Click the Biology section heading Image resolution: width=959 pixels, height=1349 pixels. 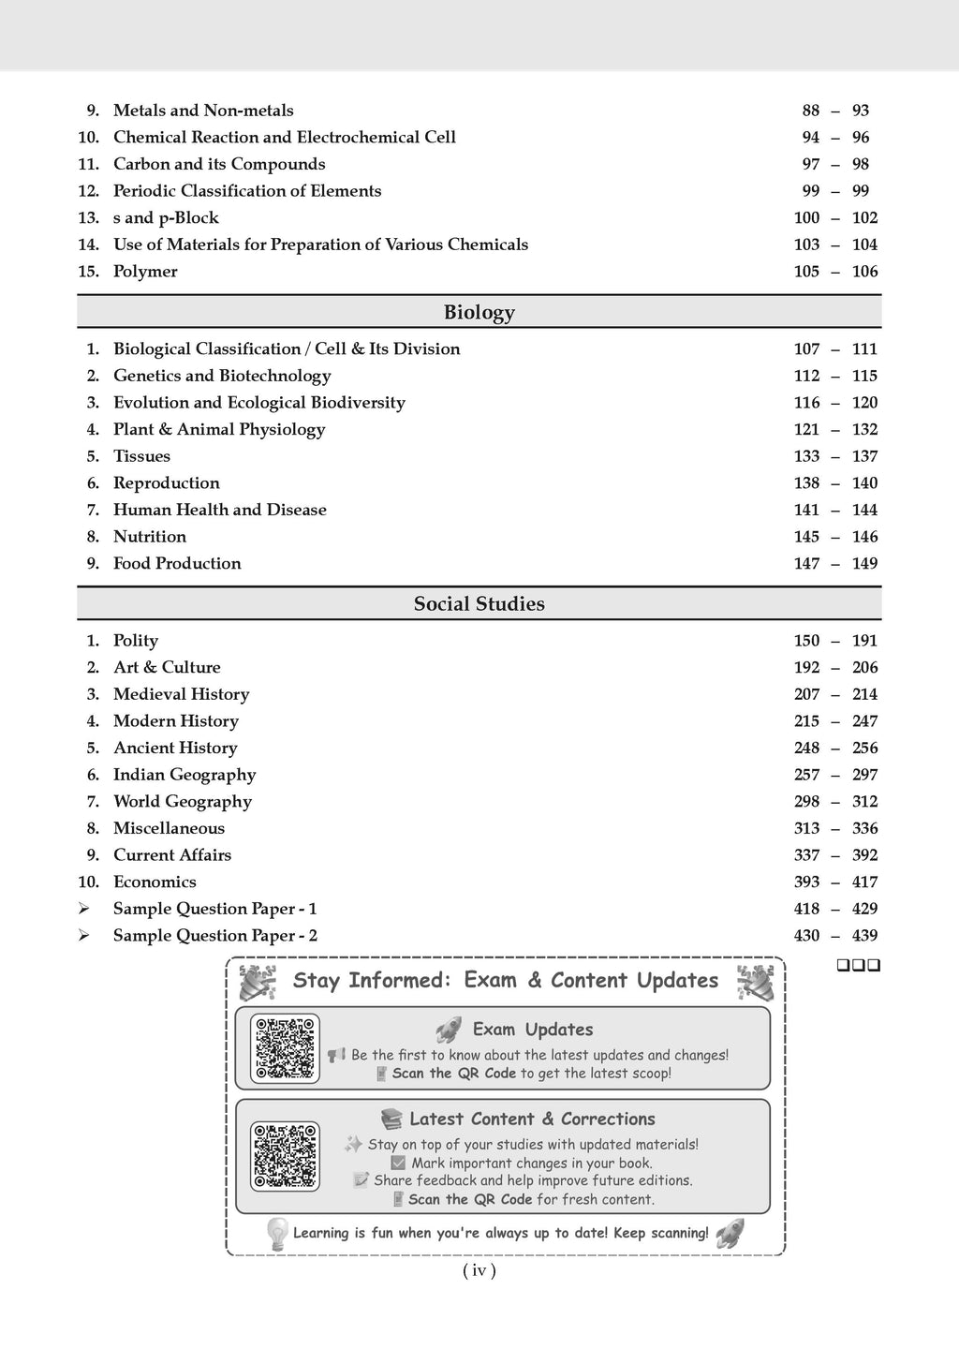pyautogui.click(x=479, y=312)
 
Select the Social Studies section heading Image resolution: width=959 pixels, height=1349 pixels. pyautogui.click(x=479, y=604)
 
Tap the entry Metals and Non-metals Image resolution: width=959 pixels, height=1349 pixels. pyautogui.click(x=203, y=111)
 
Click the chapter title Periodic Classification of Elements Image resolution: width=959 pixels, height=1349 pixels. pyautogui.click(x=247, y=191)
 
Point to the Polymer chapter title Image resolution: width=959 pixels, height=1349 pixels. pyautogui.click(x=145, y=272)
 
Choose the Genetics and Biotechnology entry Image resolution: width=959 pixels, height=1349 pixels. pyautogui.click(x=222, y=376)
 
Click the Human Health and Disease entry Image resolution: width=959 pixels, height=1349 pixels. pyautogui.click(x=220, y=510)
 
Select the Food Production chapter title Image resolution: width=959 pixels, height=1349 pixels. pyautogui.click(x=177, y=563)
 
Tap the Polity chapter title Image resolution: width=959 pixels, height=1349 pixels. pyautogui.click(x=136, y=641)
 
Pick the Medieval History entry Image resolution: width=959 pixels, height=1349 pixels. pyautogui.click(x=182, y=694)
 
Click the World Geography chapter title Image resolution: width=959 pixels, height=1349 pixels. pyautogui.click(x=183, y=801)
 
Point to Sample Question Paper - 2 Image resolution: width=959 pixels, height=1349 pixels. pyautogui.click(x=215, y=935)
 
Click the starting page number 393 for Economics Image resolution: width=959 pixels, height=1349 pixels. pyautogui.click(x=806, y=882)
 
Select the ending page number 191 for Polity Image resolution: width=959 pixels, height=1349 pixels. pyautogui.click(x=864, y=641)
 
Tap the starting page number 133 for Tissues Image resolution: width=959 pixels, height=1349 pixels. pyautogui.click(x=806, y=456)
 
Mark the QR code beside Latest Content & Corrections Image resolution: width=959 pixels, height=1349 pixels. pyautogui.click(x=285, y=1156)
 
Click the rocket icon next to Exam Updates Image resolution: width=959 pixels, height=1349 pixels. pyautogui.click(x=449, y=1030)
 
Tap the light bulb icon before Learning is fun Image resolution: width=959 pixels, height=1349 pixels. pyautogui.click(x=276, y=1234)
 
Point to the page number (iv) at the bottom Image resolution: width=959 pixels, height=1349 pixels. pyautogui.click(x=479, y=1271)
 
